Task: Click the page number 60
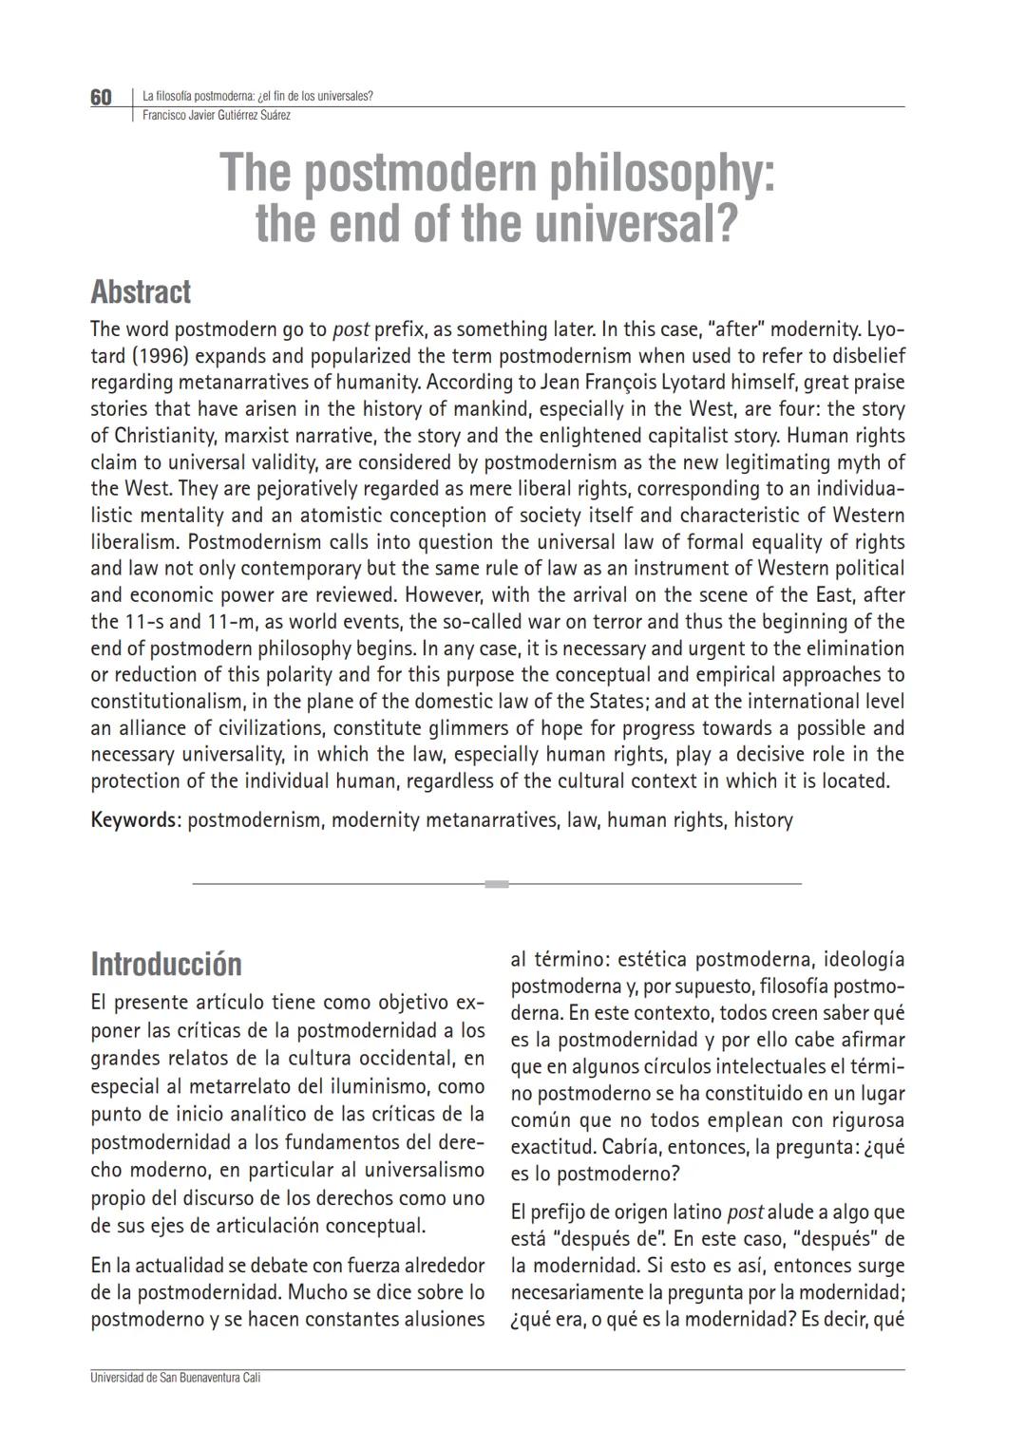point(101,97)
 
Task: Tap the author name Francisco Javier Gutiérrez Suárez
point(216,116)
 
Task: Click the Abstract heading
point(141,291)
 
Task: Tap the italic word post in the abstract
point(351,329)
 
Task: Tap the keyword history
point(763,819)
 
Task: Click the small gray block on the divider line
point(496,884)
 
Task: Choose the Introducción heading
point(166,964)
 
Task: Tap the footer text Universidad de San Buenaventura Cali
point(175,1378)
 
